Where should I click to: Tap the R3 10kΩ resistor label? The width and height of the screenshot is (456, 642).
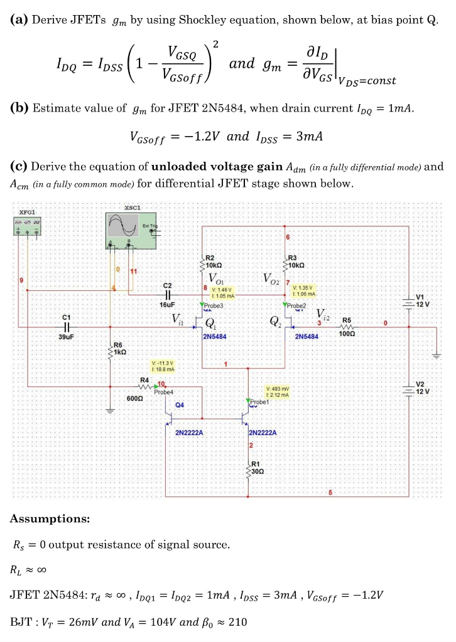point(297,262)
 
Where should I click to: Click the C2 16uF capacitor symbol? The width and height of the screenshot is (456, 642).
point(168,293)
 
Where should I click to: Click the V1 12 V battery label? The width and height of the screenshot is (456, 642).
point(422,300)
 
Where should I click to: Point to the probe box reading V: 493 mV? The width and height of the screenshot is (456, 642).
point(277,391)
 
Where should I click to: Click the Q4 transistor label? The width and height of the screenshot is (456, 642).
point(180,406)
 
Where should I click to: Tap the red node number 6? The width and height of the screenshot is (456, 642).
point(288,238)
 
